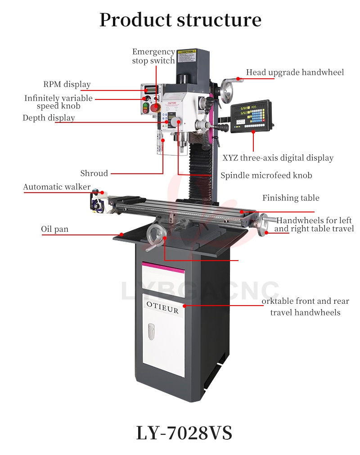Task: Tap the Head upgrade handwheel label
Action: pyautogui.click(x=295, y=72)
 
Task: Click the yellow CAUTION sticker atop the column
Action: pyautogui.click(x=186, y=52)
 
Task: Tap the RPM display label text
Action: pyautogui.click(x=67, y=84)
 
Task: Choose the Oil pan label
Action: pyautogui.click(x=55, y=230)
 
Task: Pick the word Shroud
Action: pyautogui.click(x=94, y=173)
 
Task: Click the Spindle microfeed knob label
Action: pyautogui.click(x=266, y=176)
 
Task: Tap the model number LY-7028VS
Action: pyautogui.click(x=184, y=433)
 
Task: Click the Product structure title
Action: pyautogui.click(x=180, y=20)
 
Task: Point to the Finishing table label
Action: pyautogui.click(x=291, y=198)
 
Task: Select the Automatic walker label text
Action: pyautogui.click(x=57, y=187)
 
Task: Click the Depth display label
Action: pyautogui.click(x=49, y=118)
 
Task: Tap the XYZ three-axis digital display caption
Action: pyautogui.click(x=278, y=158)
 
